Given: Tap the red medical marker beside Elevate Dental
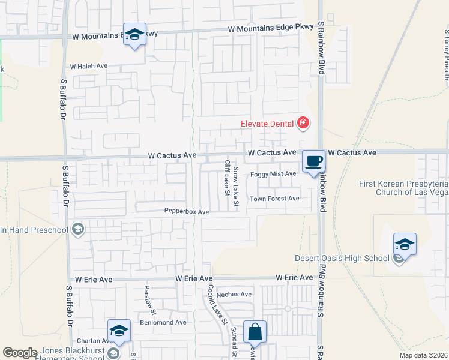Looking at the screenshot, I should pos(303,124).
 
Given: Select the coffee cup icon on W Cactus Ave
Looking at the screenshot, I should pos(313,161).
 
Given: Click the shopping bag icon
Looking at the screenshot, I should pos(255,331).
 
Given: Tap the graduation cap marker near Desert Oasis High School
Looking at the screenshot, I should pos(405,244).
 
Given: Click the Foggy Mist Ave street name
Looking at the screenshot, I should pos(273,174).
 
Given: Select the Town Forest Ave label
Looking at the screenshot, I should pos(274,199).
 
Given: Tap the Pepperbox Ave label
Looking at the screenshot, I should pos(187,212).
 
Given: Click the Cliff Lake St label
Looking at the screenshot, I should pos(227,178).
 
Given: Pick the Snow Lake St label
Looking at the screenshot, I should pos(236,188).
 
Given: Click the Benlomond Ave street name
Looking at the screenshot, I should pos(163,322).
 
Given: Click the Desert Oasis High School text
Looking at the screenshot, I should pos(342,259).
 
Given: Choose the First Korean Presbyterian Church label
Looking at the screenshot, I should pos(404,188).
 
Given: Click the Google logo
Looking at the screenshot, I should pos(20,353).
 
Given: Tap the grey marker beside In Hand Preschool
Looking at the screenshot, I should pos(77,229).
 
